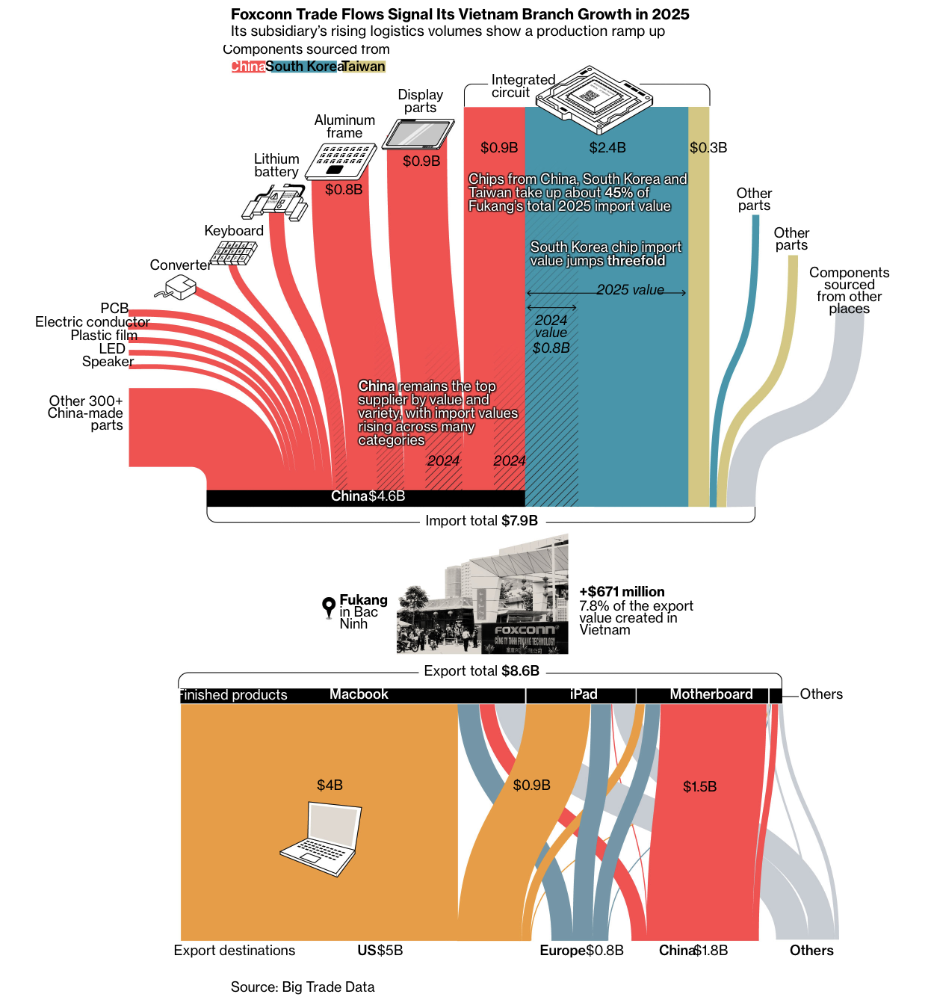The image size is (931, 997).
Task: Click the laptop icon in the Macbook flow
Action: click(321, 839)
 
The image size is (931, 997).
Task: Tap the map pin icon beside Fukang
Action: click(328, 607)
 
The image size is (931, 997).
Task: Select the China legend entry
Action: click(247, 67)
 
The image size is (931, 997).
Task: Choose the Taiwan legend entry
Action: click(364, 67)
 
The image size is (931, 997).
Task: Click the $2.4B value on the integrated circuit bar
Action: click(607, 148)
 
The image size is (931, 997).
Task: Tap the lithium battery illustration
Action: click(274, 203)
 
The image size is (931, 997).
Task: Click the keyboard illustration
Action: click(233, 253)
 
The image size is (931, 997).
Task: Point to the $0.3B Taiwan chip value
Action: click(708, 148)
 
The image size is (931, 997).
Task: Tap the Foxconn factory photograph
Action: click(482, 595)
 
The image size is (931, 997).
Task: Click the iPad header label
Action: click(584, 694)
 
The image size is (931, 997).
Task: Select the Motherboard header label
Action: click(711, 694)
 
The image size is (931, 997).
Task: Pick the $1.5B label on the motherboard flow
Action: click(699, 787)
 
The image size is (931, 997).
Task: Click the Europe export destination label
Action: click(563, 951)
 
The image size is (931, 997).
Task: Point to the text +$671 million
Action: click(622, 592)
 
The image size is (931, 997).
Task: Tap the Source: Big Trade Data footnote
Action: click(303, 987)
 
